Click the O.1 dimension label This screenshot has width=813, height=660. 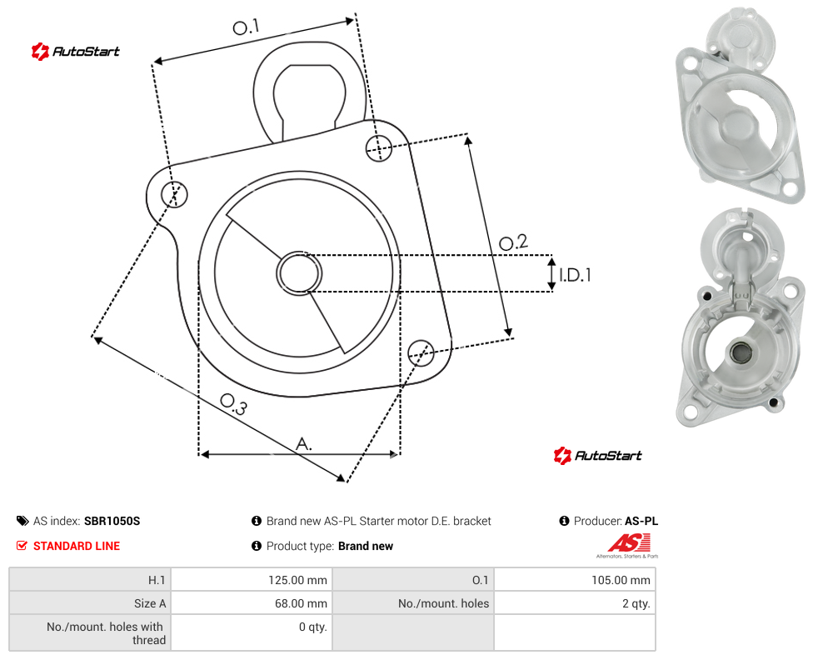click(246, 27)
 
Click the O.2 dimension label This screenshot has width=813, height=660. click(513, 242)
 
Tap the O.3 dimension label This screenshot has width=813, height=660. click(233, 404)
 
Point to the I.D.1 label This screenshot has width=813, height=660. click(575, 274)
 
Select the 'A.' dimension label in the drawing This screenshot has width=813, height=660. click(304, 443)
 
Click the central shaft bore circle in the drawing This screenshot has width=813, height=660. click(299, 273)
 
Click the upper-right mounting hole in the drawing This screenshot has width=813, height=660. click(379, 147)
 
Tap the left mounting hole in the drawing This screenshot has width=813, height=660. click(174, 194)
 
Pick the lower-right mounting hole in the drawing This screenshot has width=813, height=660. click(421, 353)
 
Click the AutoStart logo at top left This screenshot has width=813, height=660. click(75, 52)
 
